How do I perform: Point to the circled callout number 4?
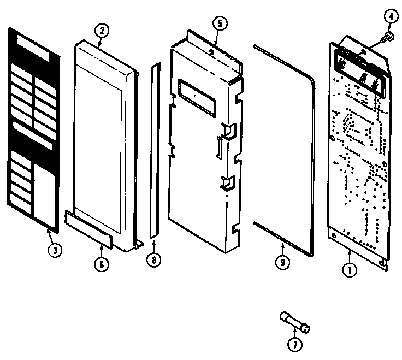(391, 17)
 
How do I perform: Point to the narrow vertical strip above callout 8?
(155, 153)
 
